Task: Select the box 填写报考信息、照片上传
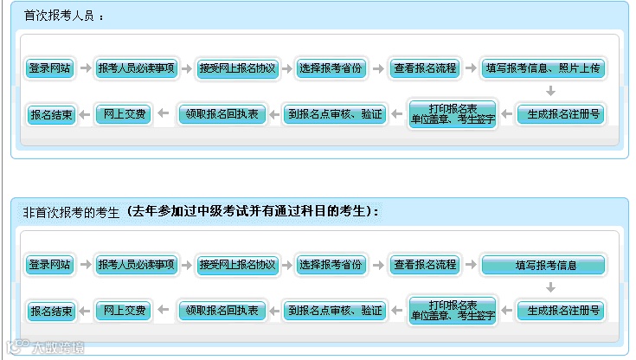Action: pyautogui.click(x=543, y=68)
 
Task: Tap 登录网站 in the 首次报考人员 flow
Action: pyautogui.click(x=49, y=68)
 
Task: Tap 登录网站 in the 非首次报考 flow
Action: pyautogui.click(x=49, y=265)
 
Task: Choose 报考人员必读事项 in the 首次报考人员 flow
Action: pyautogui.click(x=137, y=68)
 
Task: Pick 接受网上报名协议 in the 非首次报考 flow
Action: pyautogui.click(x=236, y=265)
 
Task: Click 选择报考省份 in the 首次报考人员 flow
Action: pyautogui.click(x=330, y=68)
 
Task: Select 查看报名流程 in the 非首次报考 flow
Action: pyautogui.click(x=423, y=265)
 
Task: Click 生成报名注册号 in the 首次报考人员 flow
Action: pyautogui.click(x=559, y=113)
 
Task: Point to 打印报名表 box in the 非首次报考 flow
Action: pyautogui.click(x=453, y=310)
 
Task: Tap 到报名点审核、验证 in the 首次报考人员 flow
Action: pyautogui.click(x=335, y=113)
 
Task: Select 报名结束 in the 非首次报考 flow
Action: pyautogui.click(x=51, y=310)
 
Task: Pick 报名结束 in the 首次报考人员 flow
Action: pyautogui.click(x=51, y=113)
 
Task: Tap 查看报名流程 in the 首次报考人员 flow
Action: pyautogui.click(x=423, y=68)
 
